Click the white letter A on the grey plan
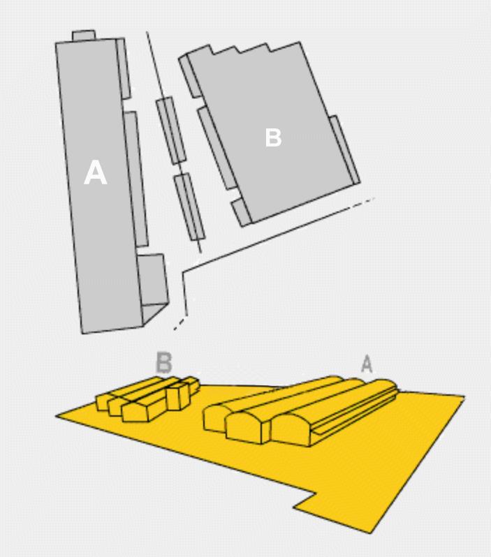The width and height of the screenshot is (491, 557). pos(95,172)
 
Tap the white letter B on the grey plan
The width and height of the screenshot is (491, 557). pos(273,138)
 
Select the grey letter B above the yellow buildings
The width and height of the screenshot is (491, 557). pos(164,362)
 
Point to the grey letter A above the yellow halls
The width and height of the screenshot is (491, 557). pos(367,364)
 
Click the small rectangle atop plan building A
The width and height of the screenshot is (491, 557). pos(84,36)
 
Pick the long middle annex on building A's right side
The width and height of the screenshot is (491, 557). pos(135,179)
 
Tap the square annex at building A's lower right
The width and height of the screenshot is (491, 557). pos(152,280)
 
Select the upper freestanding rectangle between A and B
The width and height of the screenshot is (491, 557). pos(170,131)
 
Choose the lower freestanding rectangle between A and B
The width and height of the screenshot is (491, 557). pos(189,207)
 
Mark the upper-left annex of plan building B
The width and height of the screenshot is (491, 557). pos(190,76)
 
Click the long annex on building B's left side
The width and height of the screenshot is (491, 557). pos(217,148)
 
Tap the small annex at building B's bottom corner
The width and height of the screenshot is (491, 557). pos(242,212)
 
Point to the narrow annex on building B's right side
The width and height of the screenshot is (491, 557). pos(344,150)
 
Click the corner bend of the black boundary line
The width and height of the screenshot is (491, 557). pos(183,272)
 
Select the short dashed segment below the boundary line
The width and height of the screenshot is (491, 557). pos(179,324)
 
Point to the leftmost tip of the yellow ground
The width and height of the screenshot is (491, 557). pos(56,415)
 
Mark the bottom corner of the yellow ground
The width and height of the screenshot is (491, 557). pos(370,533)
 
